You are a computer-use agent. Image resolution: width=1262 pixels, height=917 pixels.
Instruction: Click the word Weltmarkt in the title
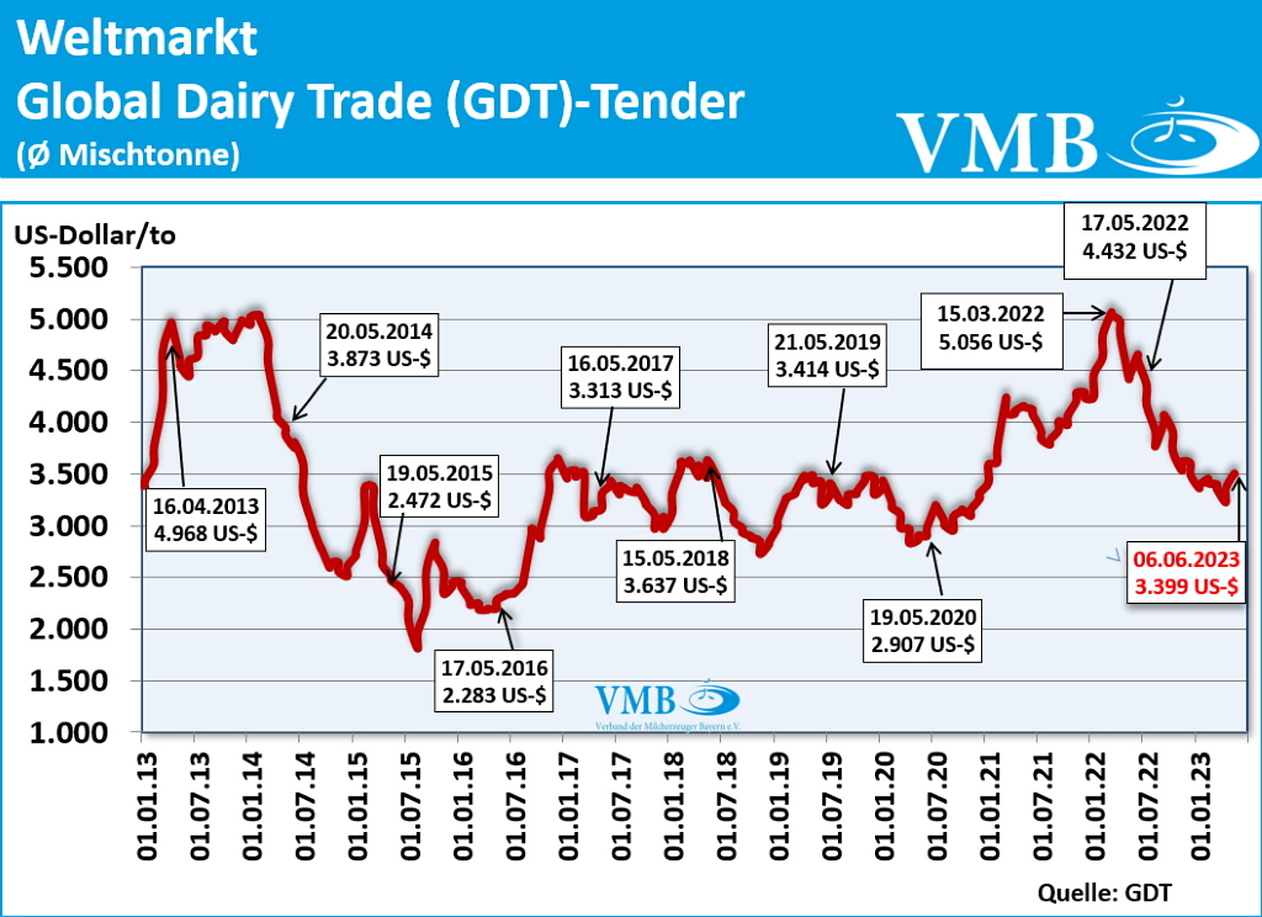(x=137, y=38)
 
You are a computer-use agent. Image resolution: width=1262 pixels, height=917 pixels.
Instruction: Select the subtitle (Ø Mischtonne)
(x=128, y=155)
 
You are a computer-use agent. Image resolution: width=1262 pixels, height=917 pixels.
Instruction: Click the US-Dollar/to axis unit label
(x=95, y=235)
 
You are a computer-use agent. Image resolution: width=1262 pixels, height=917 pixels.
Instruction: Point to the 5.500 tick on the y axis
(x=69, y=268)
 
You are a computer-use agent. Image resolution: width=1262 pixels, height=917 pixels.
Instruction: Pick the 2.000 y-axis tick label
(x=69, y=628)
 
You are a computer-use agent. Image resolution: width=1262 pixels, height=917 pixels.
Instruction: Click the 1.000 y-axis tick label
(x=69, y=733)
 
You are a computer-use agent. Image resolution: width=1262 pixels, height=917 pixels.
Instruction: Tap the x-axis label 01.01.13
(x=147, y=806)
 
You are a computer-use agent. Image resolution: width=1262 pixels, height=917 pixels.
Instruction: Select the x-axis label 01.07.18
(x=727, y=806)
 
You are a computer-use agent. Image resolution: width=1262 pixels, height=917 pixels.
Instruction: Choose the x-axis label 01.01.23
(x=1201, y=806)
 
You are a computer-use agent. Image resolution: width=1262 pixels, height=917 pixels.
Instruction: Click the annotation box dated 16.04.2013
(x=206, y=520)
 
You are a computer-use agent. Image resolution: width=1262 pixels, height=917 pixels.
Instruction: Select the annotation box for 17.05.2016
(x=494, y=681)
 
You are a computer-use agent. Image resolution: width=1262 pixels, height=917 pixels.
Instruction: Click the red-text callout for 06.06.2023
(x=1185, y=573)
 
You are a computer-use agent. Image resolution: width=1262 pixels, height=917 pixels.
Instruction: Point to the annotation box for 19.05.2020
(x=922, y=631)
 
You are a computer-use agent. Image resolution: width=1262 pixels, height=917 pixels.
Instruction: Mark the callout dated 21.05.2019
(x=827, y=355)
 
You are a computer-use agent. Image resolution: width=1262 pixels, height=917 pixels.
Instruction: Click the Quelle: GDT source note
(x=1104, y=893)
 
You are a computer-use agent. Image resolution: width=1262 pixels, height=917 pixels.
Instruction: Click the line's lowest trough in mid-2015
(x=417, y=646)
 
